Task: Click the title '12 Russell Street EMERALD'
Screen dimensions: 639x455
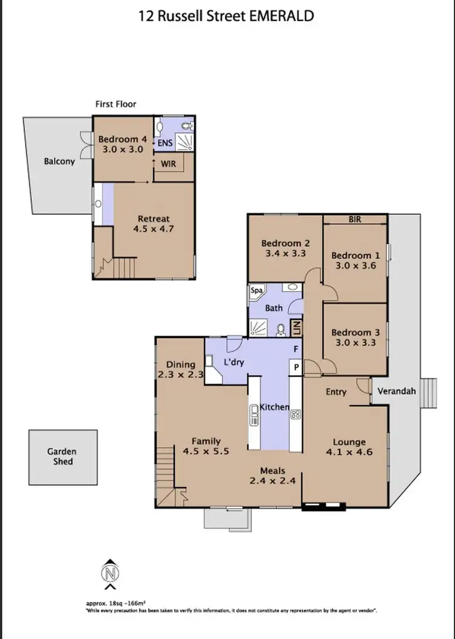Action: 227,16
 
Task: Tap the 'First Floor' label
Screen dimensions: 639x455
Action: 116,104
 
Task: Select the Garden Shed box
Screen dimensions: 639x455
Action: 62,457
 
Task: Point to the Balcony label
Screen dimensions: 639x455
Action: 59,161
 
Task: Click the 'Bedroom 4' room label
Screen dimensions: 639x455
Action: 123,139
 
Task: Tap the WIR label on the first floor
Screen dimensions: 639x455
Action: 168,164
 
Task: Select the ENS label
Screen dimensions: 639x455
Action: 165,144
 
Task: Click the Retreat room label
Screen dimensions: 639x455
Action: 153,219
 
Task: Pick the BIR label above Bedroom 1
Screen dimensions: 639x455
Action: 355,219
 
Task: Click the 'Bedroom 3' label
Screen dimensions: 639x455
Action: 355,332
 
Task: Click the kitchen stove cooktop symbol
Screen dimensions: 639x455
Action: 296,415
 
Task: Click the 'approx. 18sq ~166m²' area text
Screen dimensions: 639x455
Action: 115,604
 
